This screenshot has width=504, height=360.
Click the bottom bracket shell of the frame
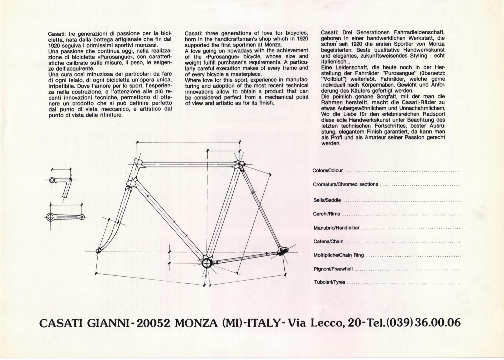click(x=206, y=263)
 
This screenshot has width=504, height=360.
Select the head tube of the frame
click(x=134, y=173)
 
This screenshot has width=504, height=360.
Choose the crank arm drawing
click(x=65, y=217)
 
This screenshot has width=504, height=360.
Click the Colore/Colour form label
click(x=328, y=171)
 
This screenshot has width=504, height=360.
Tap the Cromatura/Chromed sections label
click(x=345, y=184)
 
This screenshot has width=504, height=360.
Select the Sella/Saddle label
click(x=327, y=200)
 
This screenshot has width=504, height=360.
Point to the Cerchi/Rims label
click(x=326, y=214)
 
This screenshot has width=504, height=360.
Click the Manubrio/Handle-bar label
click(x=336, y=228)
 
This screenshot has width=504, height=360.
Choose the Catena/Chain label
click(x=328, y=242)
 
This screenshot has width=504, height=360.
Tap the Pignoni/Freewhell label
click(x=333, y=269)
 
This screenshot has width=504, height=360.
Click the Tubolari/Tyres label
click(x=329, y=282)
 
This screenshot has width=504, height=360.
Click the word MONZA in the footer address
click(x=196, y=323)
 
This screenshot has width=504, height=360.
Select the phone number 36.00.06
click(x=438, y=323)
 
